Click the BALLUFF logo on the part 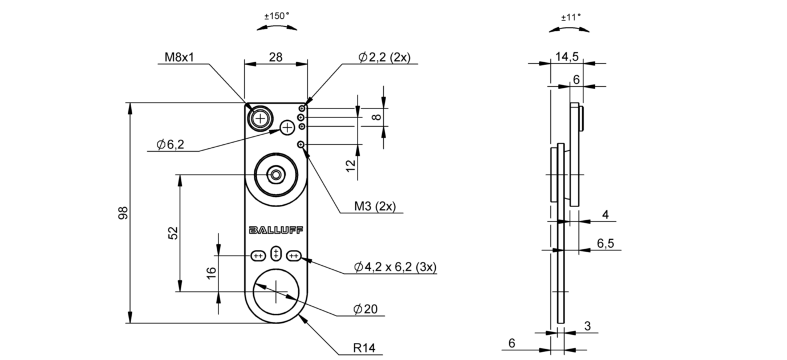tap(276, 230)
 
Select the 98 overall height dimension tap(123, 213)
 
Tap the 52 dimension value tap(173, 233)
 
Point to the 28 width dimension tap(275, 57)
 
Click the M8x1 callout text tap(181, 57)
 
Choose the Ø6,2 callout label tap(171, 145)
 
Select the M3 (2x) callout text tap(374, 206)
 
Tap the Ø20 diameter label tap(365, 309)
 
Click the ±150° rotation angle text tap(277, 17)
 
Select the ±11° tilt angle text tap(570, 17)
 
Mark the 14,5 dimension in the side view tap(567, 56)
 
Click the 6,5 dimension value tap(605, 244)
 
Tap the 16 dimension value tap(210, 273)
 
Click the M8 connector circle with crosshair tap(261, 118)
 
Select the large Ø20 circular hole tap(277, 290)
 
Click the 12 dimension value tap(351, 165)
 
